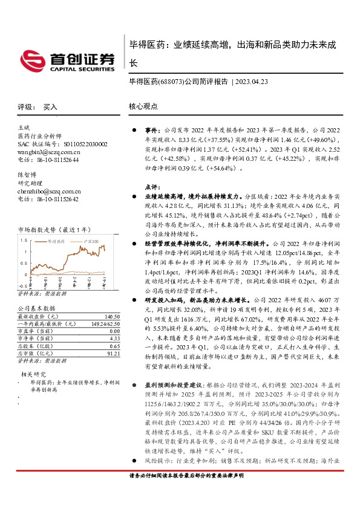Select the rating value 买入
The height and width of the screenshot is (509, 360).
[x=50, y=106]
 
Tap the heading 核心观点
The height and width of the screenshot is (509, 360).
[x=143, y=106]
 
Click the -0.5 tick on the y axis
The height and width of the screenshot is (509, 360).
[x=22, y=285]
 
